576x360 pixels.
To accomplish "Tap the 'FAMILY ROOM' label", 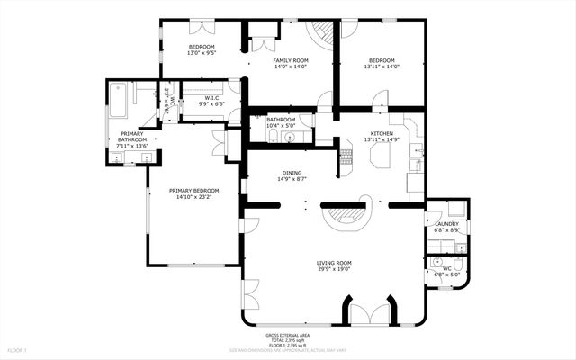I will click(x=291, y=59).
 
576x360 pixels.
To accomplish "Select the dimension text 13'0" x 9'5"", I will click(x=202, y=53).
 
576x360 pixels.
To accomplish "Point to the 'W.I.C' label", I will click(x=210, y=98).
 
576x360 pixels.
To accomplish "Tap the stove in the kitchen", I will click(x=344, y=160).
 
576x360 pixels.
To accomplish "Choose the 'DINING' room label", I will click(x=292, y=173).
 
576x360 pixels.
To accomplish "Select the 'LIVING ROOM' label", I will click(x=333, y=262).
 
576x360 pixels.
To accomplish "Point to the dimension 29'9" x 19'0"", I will click(x=333, y=269).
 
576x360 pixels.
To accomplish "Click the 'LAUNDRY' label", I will click(x=446, y=224).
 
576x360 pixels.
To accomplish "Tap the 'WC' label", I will click(x=446, y=268).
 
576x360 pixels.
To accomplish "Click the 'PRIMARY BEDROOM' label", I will click(x=194, y=190).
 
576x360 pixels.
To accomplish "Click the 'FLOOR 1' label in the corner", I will click(x=17, y=349).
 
